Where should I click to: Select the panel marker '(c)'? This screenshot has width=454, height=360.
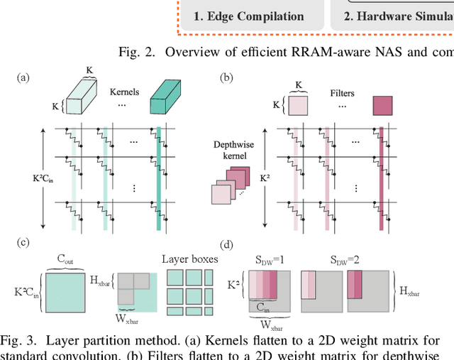[x=23, y=243]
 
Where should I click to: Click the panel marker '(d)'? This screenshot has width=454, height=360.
[x=228, y=246]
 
